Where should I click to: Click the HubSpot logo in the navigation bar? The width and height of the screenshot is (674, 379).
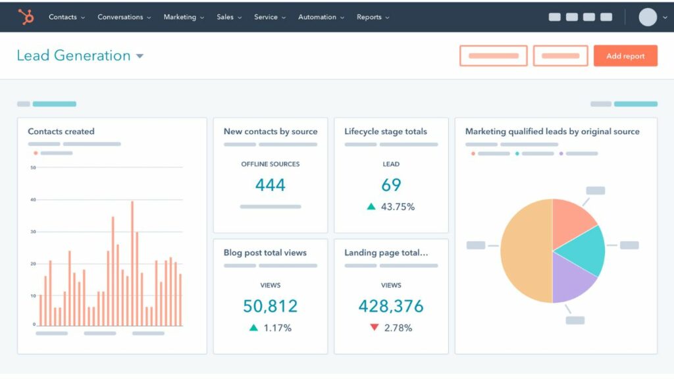coord(26,17)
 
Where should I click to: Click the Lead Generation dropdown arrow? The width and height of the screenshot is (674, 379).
coord(140,57)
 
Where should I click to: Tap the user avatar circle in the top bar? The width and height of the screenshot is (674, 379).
coord(648,17)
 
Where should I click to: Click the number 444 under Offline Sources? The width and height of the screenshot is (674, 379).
coord(270,185)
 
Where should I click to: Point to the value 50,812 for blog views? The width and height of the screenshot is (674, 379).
coord(270,306)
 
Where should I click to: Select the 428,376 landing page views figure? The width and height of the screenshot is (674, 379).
coord(391,306)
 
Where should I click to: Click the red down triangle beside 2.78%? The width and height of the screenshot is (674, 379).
coord(375,328)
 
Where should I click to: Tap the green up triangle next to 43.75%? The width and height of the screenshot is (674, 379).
coord(371,207)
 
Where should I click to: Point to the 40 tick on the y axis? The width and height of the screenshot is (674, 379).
coord(33,199)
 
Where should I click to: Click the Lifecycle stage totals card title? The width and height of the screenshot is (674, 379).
coord(386,132)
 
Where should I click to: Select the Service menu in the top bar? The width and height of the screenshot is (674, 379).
coord(266,17)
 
